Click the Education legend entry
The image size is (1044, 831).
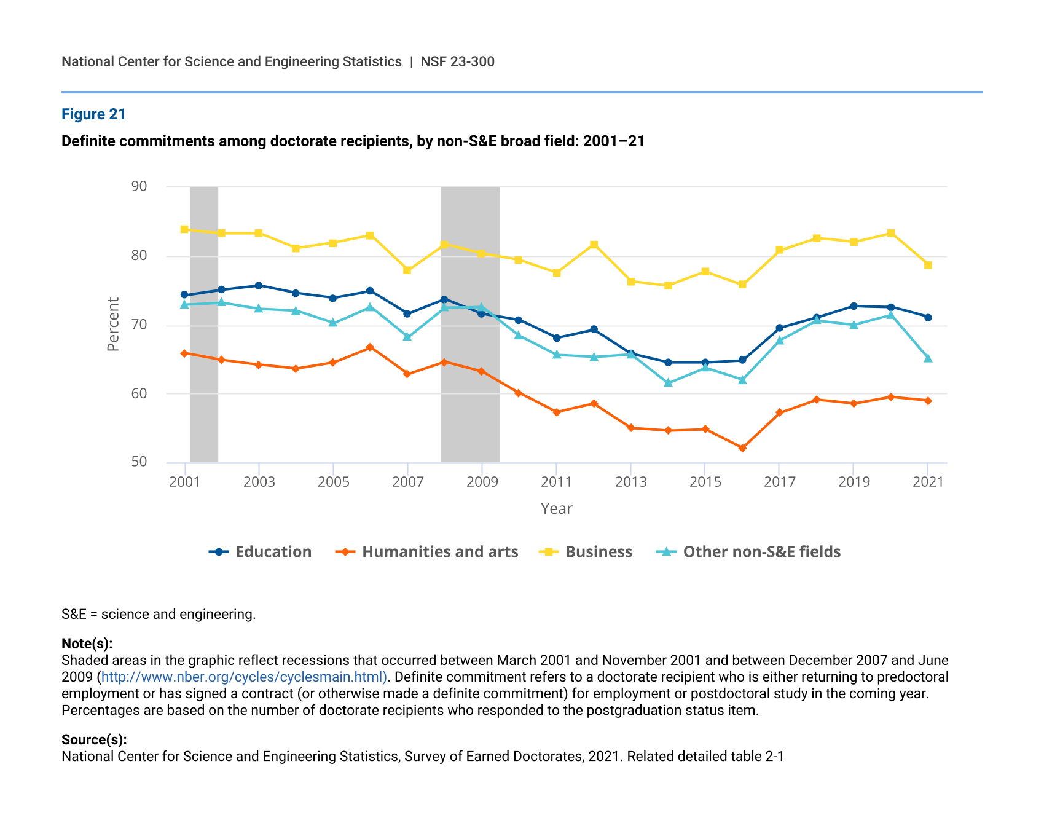point(261,552)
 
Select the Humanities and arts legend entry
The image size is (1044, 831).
point(427,552)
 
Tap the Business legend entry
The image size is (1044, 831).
point(586,552)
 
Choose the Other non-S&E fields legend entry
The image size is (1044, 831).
point(748,552)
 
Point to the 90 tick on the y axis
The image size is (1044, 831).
point(139,186)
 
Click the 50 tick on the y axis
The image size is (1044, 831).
point(139,462)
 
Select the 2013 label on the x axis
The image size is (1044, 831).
point(631,482)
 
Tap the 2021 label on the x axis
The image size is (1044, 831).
point(928,482)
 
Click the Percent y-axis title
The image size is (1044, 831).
point(113,325)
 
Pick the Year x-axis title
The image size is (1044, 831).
point(557,509)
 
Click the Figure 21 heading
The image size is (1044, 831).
point(93,114)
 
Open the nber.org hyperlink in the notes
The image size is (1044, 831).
point(244,677)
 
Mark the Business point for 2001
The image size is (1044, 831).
point(184,229)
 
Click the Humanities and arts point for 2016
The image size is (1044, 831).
point(742,448)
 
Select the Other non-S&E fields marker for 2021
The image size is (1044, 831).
point(928,358)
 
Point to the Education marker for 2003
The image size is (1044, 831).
point(259,286)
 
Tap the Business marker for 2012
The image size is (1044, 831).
point(594,245)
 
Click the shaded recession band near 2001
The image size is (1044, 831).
point(204,325)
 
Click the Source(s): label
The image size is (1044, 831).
point(94,740)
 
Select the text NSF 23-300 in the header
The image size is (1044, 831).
point(458,61)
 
